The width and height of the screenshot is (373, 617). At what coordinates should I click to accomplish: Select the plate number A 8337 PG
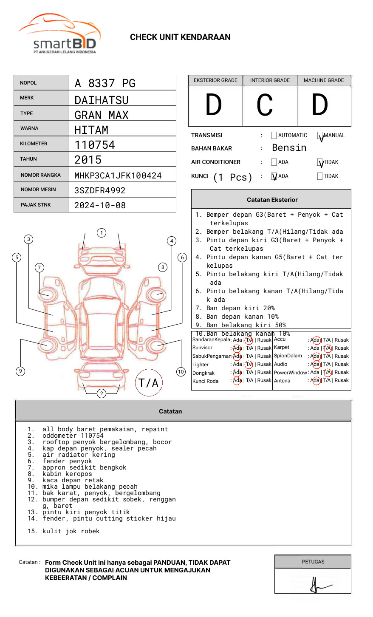pos(105,83)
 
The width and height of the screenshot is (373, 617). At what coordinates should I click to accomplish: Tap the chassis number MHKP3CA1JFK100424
pos(118,175)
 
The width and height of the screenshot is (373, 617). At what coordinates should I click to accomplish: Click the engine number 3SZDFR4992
pos(100,190)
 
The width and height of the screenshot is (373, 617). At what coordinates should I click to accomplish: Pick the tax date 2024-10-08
pos(100,205)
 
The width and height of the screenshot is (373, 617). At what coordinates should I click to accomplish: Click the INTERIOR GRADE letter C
pos(265,105)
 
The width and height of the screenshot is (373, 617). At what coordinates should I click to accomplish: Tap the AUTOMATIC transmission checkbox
pos(274,136)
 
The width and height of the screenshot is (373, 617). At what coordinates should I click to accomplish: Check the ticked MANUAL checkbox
pos(320,136)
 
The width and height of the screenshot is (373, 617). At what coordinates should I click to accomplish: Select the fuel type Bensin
pos(289,148)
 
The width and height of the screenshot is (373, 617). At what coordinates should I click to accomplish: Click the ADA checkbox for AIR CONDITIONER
pos(274,162)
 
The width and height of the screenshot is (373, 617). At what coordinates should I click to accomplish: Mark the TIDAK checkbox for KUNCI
pos(320,176)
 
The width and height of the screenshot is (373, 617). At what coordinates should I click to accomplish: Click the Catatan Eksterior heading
pos(272,200)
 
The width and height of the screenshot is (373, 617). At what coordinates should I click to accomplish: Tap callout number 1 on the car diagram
pos(101,233)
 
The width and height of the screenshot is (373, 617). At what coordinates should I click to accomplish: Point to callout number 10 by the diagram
pos(181,372)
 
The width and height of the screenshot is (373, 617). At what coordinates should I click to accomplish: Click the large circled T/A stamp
pos(149,382)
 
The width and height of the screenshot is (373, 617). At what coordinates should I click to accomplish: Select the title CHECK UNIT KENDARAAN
pos(180,37)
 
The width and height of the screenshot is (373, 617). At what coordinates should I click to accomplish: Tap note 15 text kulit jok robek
pos(71,531)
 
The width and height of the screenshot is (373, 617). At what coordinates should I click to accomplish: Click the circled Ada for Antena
pos(316,381)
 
